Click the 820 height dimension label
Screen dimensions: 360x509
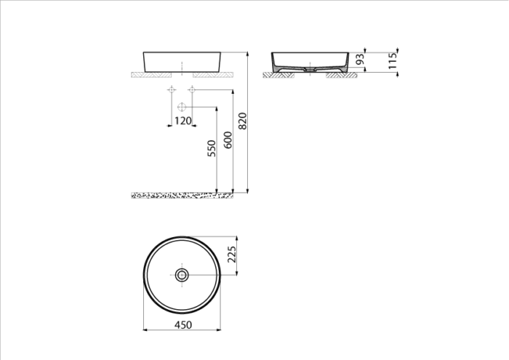[x=243, y=121]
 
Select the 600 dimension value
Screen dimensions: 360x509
[x=227, y=140]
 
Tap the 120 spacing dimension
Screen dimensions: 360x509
[x=183, y=121]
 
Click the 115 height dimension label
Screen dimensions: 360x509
[x=392, y=61]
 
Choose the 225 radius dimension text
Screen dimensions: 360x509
[x=232, y=255]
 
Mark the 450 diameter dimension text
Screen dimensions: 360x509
[x=183, y=325]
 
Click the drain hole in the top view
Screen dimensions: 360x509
[x=183, y=275]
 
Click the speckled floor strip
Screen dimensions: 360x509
[x=182, y=195]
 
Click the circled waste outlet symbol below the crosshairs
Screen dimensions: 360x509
[x=182, y=108]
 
